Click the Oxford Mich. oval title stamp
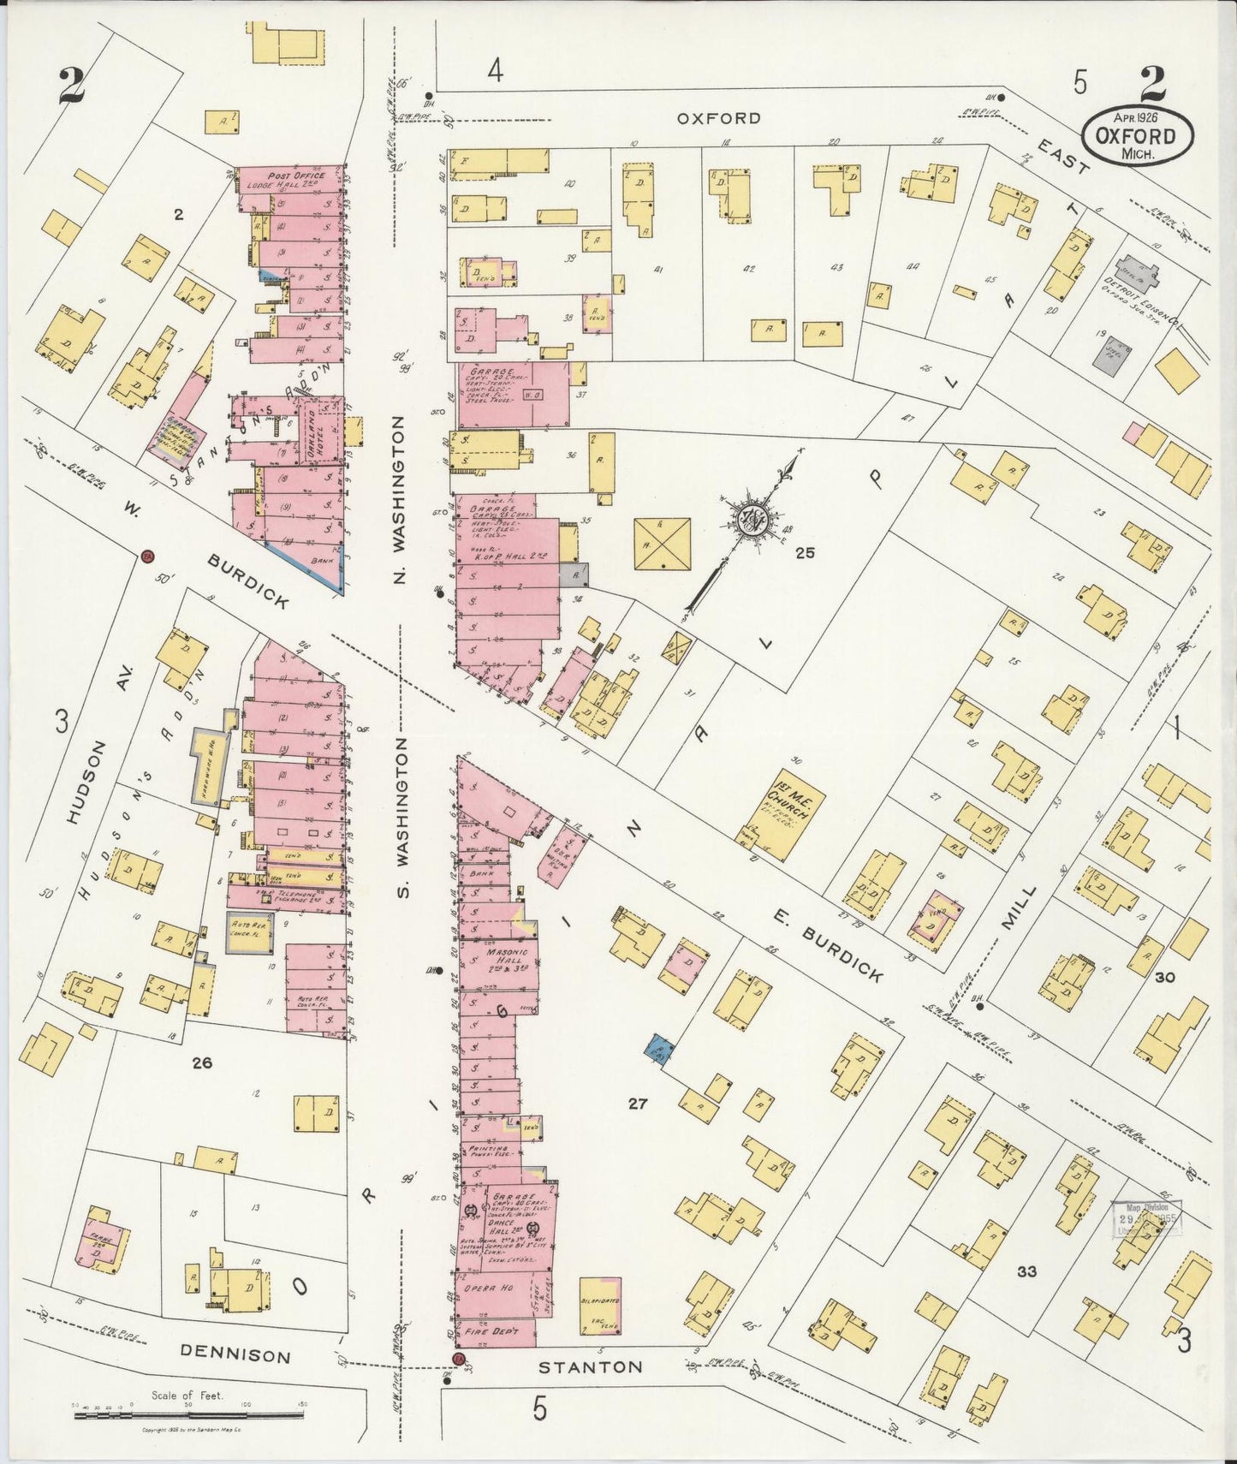point(1139,135)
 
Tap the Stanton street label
point(590,1367)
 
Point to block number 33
point(1027,1271)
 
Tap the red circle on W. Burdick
point(147,557)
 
